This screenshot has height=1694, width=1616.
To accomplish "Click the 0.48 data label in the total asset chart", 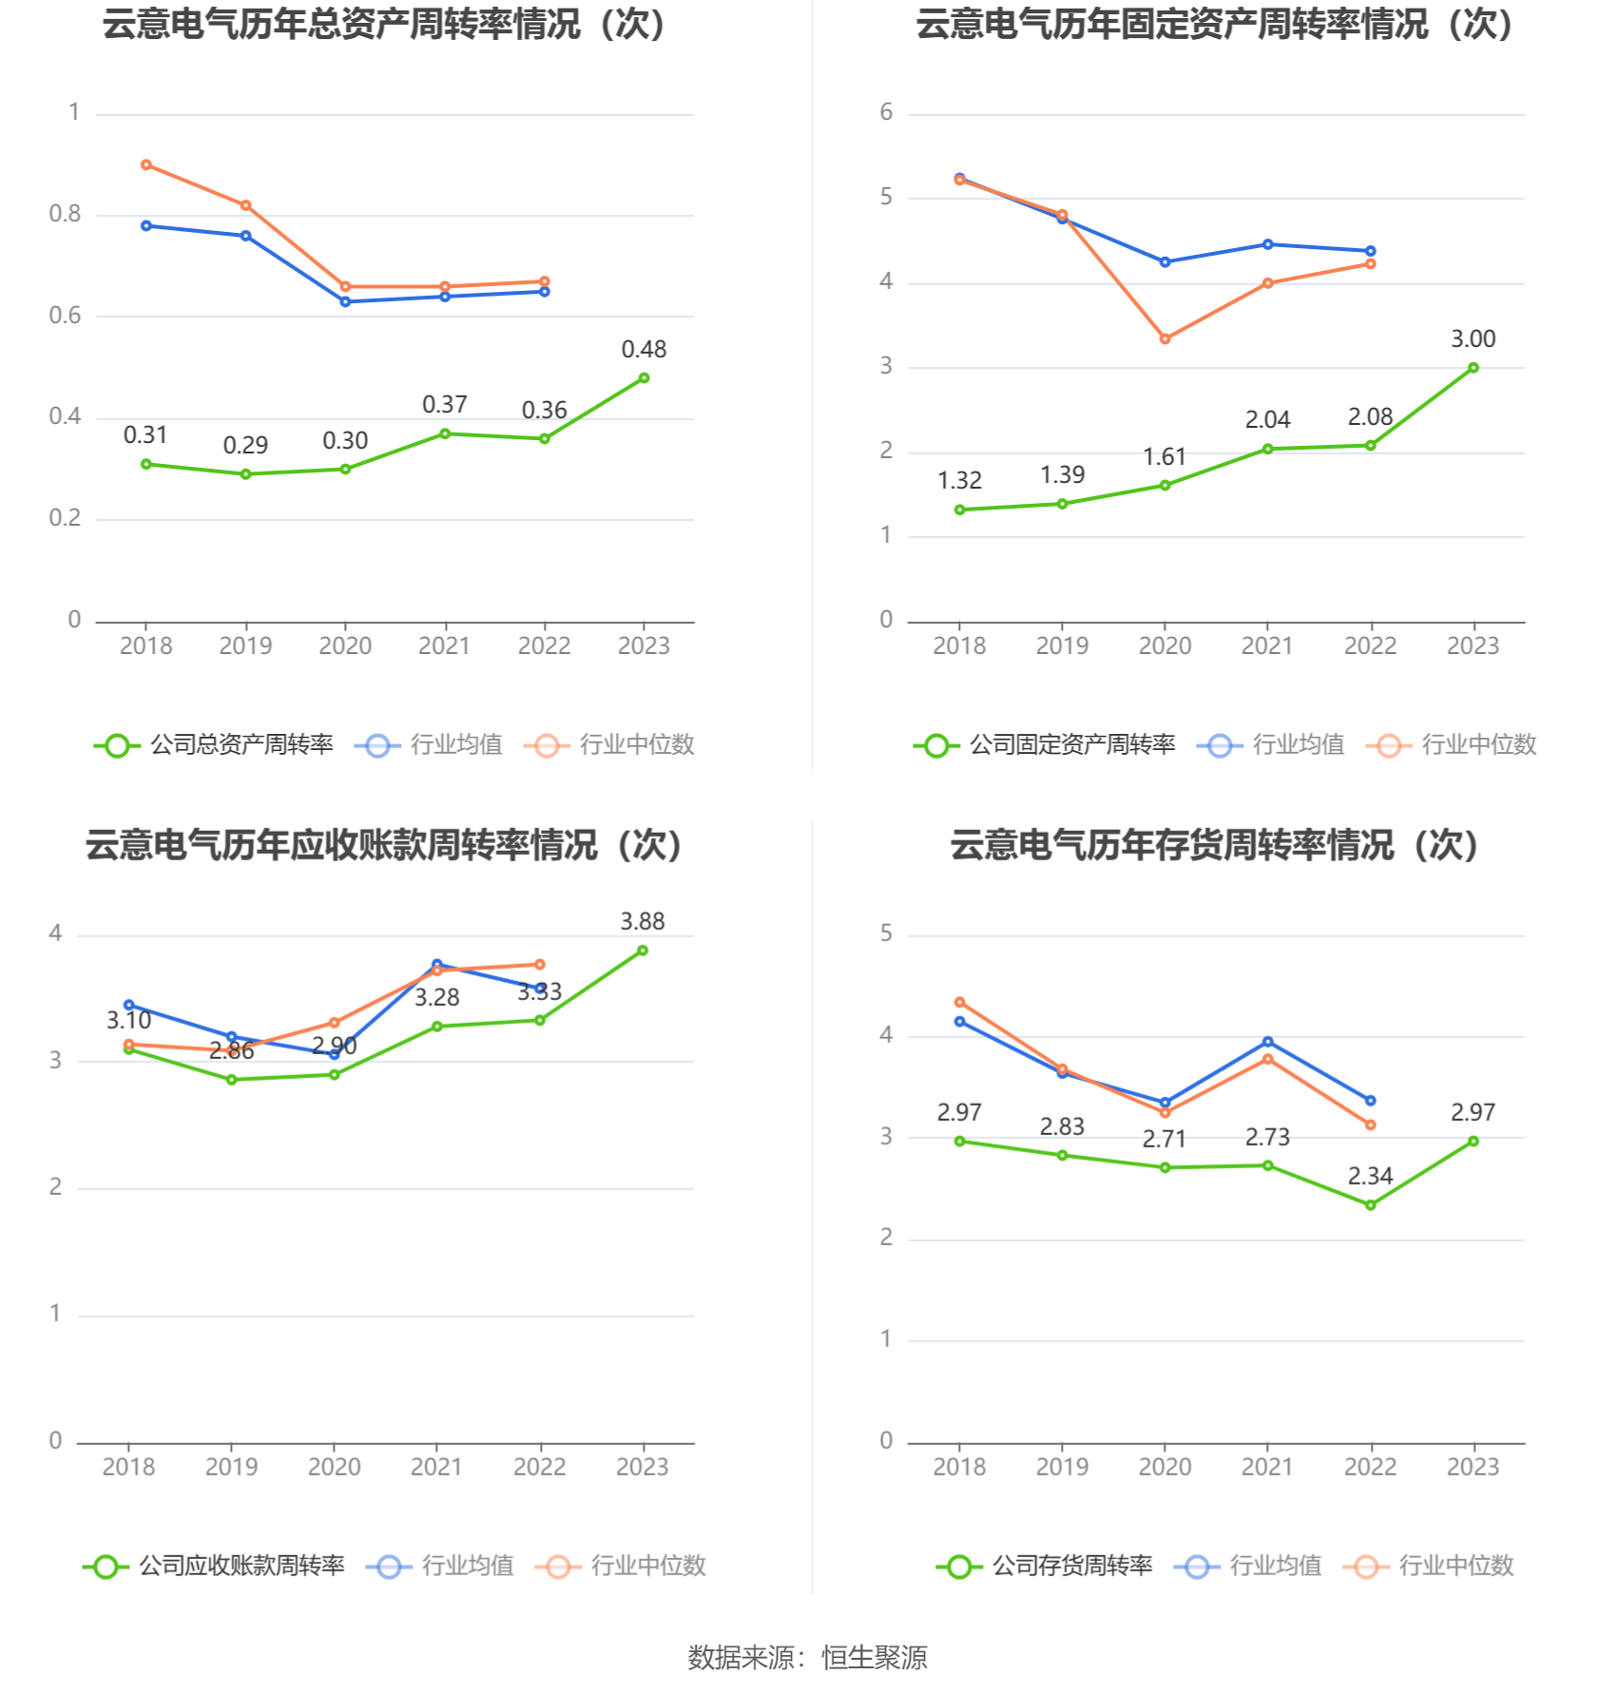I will pos(644,350).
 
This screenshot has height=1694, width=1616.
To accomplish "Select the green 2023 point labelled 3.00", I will pos(1472,368).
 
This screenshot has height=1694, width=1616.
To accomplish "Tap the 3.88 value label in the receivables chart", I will pos(643,921).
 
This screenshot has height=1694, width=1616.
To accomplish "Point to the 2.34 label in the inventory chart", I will pos(1370,1176).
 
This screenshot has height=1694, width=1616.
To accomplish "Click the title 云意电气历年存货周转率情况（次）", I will pos(1214,845).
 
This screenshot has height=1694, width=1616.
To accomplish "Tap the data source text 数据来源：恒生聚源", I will pos(807,1657).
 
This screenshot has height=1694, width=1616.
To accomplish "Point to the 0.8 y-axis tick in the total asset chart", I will pos(65,214).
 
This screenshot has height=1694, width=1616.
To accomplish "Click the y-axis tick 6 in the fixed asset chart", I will pos(886,112).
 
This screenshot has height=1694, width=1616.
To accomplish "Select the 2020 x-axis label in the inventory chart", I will pos(1164,1467).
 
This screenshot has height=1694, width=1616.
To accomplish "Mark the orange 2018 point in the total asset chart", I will pos(146,165).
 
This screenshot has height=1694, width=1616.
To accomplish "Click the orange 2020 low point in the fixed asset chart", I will pos(1164,338).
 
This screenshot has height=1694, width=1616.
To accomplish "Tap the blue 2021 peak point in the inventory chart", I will pos(1267,1042).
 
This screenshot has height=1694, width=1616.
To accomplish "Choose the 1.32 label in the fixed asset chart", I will pos(959,481).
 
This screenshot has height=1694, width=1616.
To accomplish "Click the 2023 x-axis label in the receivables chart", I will pos(643,1467).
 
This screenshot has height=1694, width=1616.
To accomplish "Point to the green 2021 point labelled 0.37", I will pos(445,433).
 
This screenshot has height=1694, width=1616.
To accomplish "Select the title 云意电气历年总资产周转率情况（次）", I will pos(384,25).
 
